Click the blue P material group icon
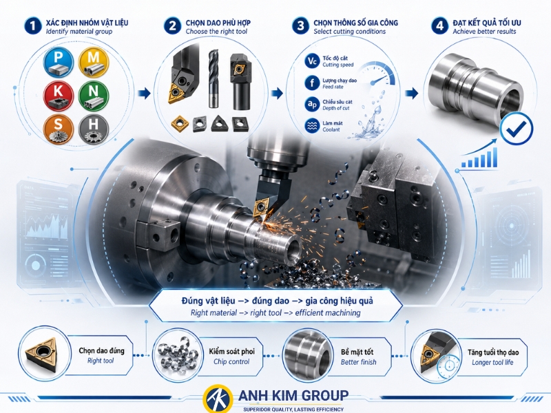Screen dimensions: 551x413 pos(59,63)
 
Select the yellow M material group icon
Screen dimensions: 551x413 pos(93,62)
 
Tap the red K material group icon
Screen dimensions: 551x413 pos(59,96)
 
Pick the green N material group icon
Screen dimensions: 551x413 pos(93,96)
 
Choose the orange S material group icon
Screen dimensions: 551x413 pos(59,129)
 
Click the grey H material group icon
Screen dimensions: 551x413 pos(93,129)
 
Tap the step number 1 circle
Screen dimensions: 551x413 pos(33,26)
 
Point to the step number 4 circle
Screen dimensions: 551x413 pos(439,26)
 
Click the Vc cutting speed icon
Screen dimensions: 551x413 pos(312,61)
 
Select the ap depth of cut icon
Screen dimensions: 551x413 pos(312,105)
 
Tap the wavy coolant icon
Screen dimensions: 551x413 pos(312,126)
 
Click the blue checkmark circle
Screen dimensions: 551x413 pos(516,129)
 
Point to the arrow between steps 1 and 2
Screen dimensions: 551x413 pos(145,93)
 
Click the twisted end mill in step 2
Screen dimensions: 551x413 pos(214,78)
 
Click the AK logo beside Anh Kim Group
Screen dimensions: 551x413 pos(218,399)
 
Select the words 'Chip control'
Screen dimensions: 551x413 pos(231,362)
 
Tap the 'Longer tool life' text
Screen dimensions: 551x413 pos(492,363)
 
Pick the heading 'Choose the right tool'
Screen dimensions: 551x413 pos(216,32)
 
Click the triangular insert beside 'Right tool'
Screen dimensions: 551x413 pos(41,354)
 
